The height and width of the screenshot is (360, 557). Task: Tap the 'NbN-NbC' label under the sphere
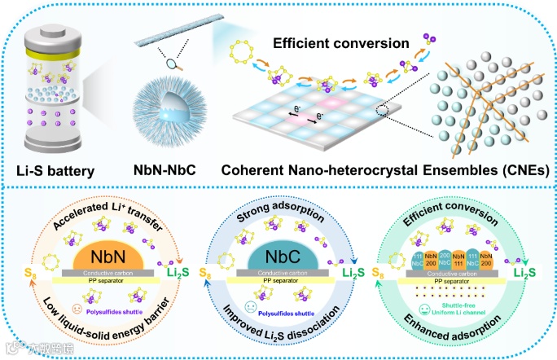pyautogui.click(x=162, y=171)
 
